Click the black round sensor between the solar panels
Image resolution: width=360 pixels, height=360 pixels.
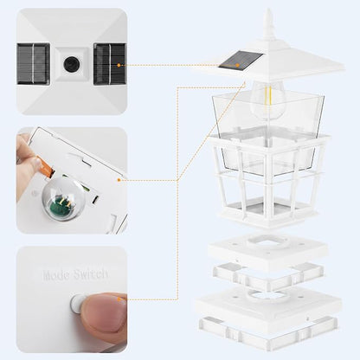[70, 64]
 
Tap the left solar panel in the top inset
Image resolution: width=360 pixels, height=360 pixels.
[33, 64]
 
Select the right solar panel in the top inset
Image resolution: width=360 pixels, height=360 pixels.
[110, 64]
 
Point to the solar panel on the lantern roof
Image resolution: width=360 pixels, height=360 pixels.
[241, 60]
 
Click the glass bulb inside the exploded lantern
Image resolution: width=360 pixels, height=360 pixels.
[267, 100]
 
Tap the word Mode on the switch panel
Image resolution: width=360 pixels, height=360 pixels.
[56, 274]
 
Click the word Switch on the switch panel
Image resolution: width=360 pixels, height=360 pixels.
[90, 274]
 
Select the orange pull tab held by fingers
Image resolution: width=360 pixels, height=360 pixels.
[45, 167]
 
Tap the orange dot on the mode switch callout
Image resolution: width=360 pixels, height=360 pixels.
[119, 299]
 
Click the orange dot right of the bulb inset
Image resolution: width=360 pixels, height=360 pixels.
[119, 180]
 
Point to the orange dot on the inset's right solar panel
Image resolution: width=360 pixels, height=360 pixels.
[119, 66]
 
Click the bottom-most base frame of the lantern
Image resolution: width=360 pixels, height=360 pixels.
[268, 331]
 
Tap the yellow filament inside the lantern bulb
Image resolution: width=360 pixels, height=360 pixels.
[268, 95]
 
